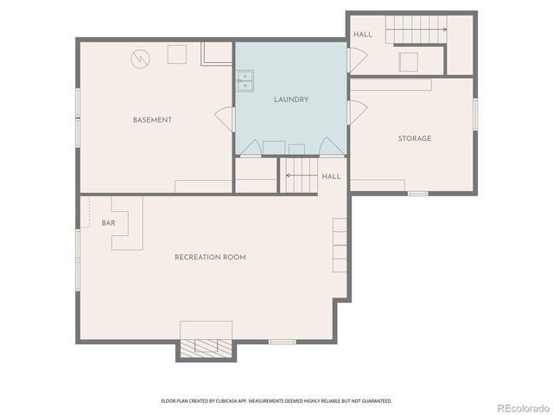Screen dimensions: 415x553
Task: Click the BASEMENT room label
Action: pyautogui.click(x=152, y=119)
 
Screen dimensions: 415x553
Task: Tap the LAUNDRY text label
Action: pyautogui.click(x=291, y=99)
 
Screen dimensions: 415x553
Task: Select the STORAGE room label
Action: pyautogui.click(x=414, y=138)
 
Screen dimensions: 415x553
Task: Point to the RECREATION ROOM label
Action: pyautogui.click(x=210, y=257)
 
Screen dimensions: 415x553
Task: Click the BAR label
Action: pyautogui.click(x=108, y=223)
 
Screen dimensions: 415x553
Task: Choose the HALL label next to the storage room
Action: pyautogui.click(x=363, y=35)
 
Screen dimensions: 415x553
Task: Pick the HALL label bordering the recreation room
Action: pyautogui.click(x=331, y=176)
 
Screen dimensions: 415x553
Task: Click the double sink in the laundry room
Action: pyautogui.click(x=245, y=80)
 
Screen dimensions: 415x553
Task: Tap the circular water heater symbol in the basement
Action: pyautogui.click(x=140, y=59)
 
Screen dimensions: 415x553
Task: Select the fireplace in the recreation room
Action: pyautogui.click(x=206, y=347)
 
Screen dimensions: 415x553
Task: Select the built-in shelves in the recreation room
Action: pyautogui.click(x=340, y=245)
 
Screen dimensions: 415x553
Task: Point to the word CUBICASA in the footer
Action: pyautogui.click(x=232, y=401)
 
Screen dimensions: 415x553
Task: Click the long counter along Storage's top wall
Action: pyautogui.click(x=391, y=84)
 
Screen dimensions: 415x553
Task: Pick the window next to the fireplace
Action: pyautogui.click(x=282, y=342)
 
